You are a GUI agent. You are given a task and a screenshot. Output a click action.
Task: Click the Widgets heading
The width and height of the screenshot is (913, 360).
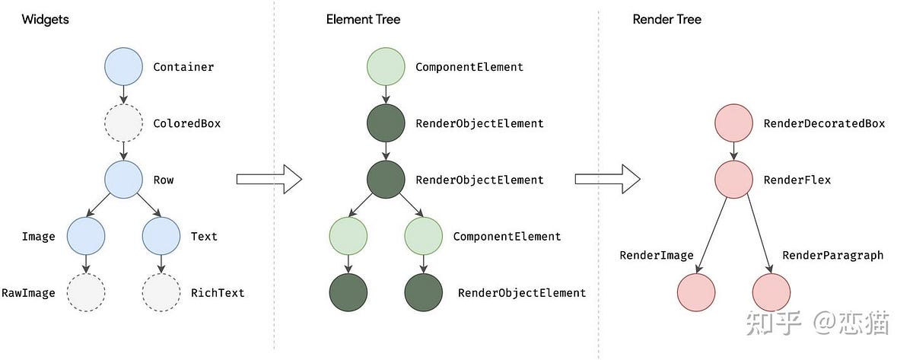(x=45, y=19)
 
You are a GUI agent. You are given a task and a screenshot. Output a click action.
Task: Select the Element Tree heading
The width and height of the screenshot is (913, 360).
(x=363, y=19)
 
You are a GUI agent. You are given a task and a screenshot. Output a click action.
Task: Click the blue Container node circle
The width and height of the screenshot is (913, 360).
(x=123, y=66)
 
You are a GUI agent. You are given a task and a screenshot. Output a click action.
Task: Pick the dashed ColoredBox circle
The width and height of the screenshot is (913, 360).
(x=123, y=123)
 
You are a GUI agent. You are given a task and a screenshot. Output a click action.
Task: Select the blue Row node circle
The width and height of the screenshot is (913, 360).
(x=123, y=180)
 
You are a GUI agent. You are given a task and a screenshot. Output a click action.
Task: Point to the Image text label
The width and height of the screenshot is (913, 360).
(x=38, y=237)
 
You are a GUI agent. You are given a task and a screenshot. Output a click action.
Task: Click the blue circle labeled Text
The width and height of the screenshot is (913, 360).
(x=161, y=236)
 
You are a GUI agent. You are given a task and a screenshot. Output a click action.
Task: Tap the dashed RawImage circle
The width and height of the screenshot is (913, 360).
(x=85, y=292)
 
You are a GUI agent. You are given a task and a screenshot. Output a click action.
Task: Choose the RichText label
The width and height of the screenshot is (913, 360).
(x=218, y=292)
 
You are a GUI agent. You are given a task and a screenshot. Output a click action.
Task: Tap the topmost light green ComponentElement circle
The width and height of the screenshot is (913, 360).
(x=386, y=66)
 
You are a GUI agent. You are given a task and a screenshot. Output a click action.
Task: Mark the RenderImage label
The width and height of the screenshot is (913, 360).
(x=657, y=256)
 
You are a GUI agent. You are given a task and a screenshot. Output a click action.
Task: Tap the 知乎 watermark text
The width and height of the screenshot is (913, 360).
(x=774, y=323)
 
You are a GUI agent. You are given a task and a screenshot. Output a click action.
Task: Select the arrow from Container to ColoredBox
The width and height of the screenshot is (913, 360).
(x=123, y=94)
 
